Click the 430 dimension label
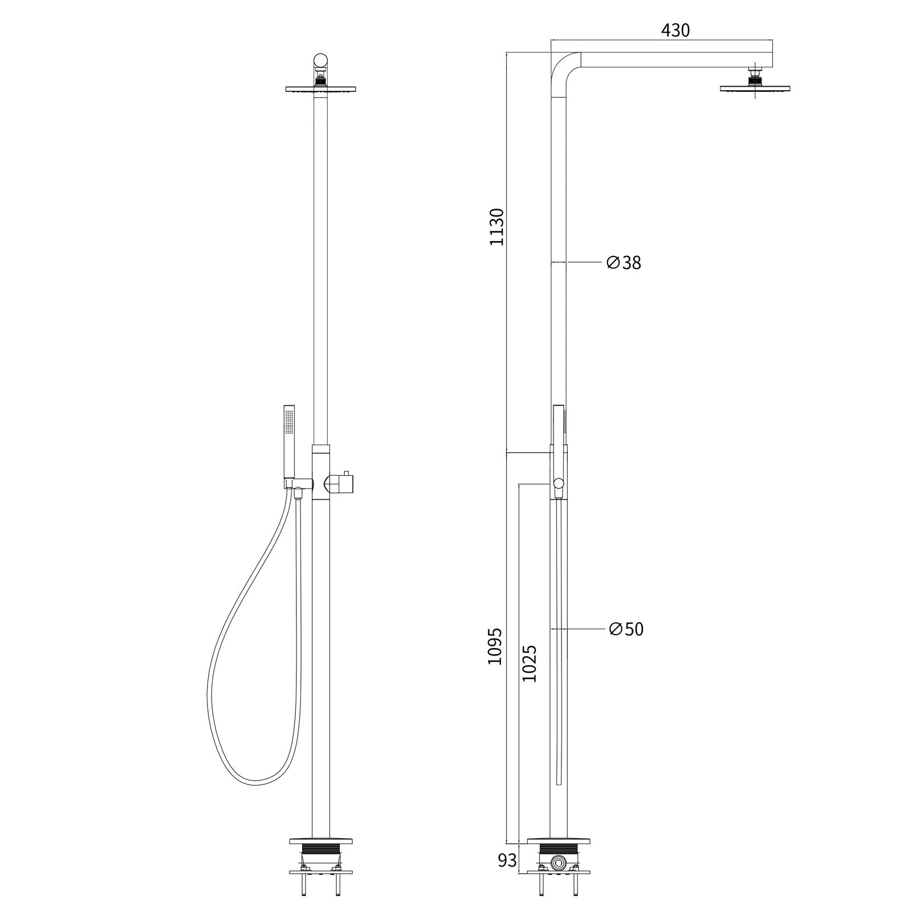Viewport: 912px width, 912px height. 675,30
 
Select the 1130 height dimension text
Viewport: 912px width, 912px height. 497,227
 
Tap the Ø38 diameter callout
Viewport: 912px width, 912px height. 624,263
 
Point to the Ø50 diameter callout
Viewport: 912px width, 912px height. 626,629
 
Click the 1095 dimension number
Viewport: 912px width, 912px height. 495,646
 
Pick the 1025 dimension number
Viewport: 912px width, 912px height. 530,663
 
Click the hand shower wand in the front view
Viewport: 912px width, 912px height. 289,441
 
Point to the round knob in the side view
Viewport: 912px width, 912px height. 559,484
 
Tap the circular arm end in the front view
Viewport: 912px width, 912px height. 321,60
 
